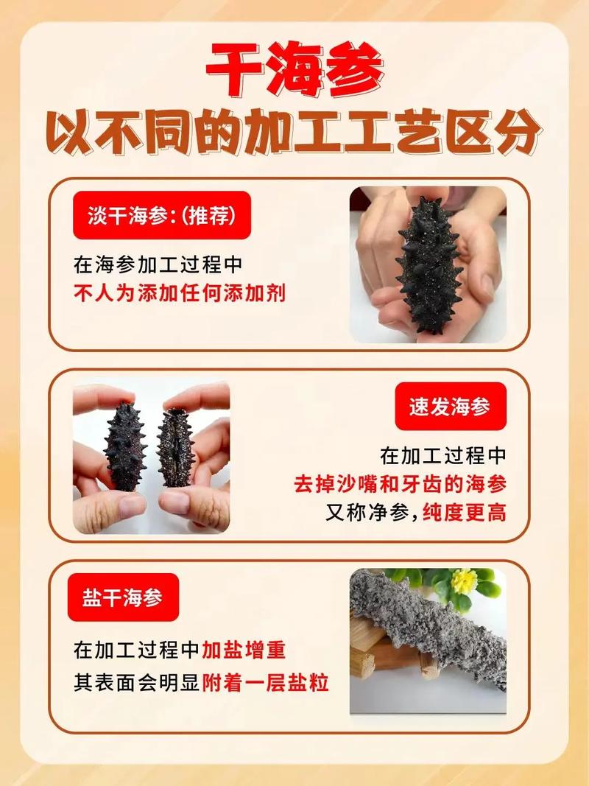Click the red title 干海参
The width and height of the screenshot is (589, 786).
[294, 71]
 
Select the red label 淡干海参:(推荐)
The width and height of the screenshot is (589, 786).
[161, 216]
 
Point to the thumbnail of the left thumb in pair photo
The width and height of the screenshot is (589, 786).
[132, 505]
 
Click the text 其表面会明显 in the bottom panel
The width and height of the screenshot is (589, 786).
[137, 683]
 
